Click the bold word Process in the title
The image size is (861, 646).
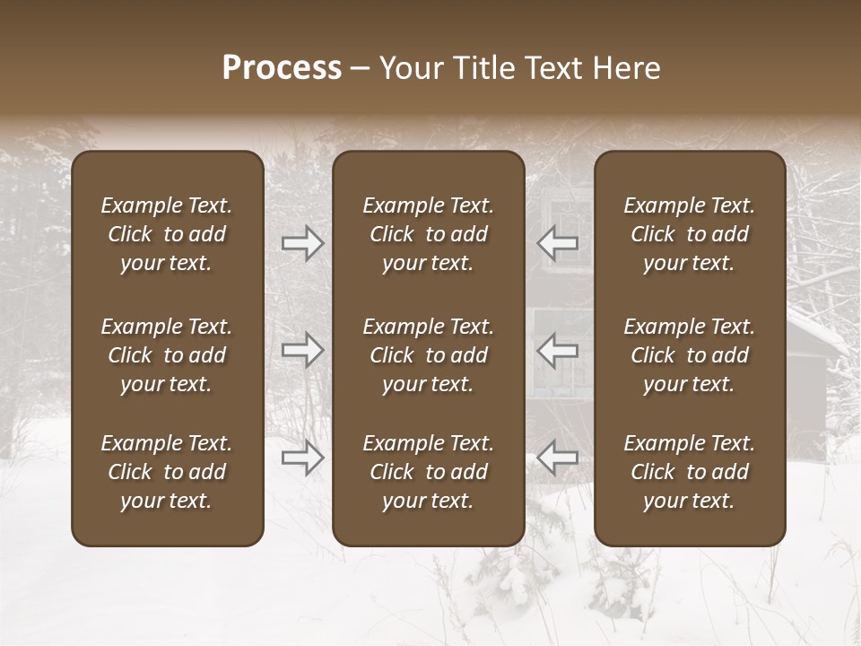pos(282,68)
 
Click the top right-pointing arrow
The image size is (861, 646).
pos(303,243)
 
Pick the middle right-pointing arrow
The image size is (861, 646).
pos(303,350)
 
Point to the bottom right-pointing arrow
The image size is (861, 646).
pos(303,458)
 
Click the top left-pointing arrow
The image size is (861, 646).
pos(558,243)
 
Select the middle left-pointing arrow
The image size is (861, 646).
pos(558,350)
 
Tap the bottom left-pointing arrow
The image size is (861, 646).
pos(558,458)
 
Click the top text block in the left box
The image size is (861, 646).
pos(167,234)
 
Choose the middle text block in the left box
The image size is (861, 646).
pos(167,355)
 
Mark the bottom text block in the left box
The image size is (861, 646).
pos(167,472)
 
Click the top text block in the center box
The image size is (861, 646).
pos(428,234)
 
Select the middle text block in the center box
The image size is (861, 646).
pos(428,355)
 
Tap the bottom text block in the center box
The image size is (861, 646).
pos(428,472)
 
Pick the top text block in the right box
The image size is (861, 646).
pos(689,234)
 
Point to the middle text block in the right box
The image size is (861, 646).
pos(689,355)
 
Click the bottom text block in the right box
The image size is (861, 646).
pos(689,472)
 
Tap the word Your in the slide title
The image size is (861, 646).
pos(408,68)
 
